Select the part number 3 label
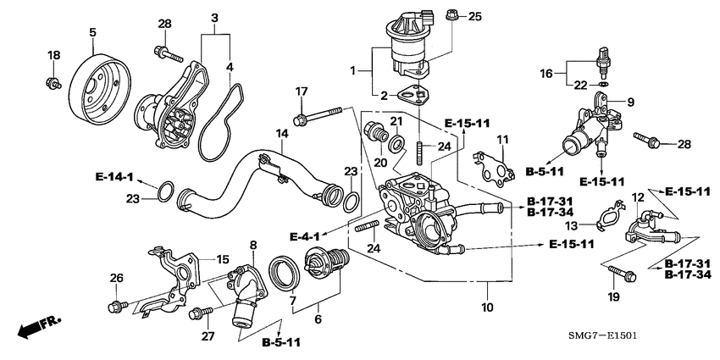click(x=214, y=18)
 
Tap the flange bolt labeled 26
click(x=118, y=304)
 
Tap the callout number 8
click(x=252, y=245)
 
